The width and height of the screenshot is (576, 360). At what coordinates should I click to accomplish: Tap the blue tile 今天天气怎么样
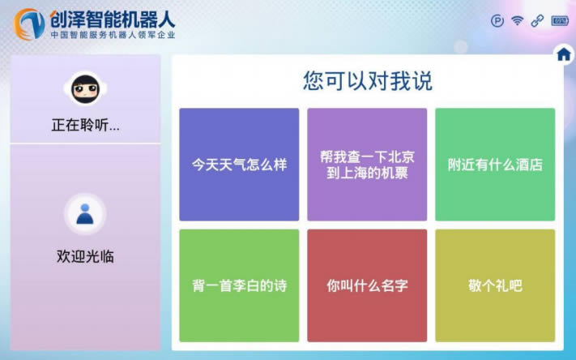239,165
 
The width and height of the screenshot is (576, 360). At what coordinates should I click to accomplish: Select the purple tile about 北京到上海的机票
367,165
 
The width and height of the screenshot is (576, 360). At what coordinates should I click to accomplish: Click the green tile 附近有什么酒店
495,165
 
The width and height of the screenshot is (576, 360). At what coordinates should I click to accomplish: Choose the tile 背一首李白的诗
239,285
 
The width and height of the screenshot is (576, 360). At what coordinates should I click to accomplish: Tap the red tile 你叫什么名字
367,285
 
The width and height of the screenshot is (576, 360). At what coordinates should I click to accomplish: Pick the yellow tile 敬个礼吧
495,285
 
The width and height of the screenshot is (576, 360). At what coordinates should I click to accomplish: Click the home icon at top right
564,54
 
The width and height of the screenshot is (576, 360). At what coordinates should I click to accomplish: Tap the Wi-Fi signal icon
517,21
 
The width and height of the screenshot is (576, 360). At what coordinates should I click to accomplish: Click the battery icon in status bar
560,21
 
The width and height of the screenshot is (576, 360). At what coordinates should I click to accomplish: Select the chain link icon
537,21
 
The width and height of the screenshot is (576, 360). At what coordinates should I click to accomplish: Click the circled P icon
497,21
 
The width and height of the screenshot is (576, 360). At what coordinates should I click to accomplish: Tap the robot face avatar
85,88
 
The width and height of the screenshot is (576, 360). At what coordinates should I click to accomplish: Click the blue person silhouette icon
85,213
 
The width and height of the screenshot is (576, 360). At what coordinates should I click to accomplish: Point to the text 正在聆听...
85,126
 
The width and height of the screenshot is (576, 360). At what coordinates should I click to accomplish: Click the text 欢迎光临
85,256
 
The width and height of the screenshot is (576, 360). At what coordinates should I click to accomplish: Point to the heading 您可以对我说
367,80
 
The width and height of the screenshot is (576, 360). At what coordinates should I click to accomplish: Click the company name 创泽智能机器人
113,17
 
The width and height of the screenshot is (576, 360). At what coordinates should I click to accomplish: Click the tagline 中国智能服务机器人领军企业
113,35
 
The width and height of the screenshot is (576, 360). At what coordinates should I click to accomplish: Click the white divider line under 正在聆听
85,144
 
